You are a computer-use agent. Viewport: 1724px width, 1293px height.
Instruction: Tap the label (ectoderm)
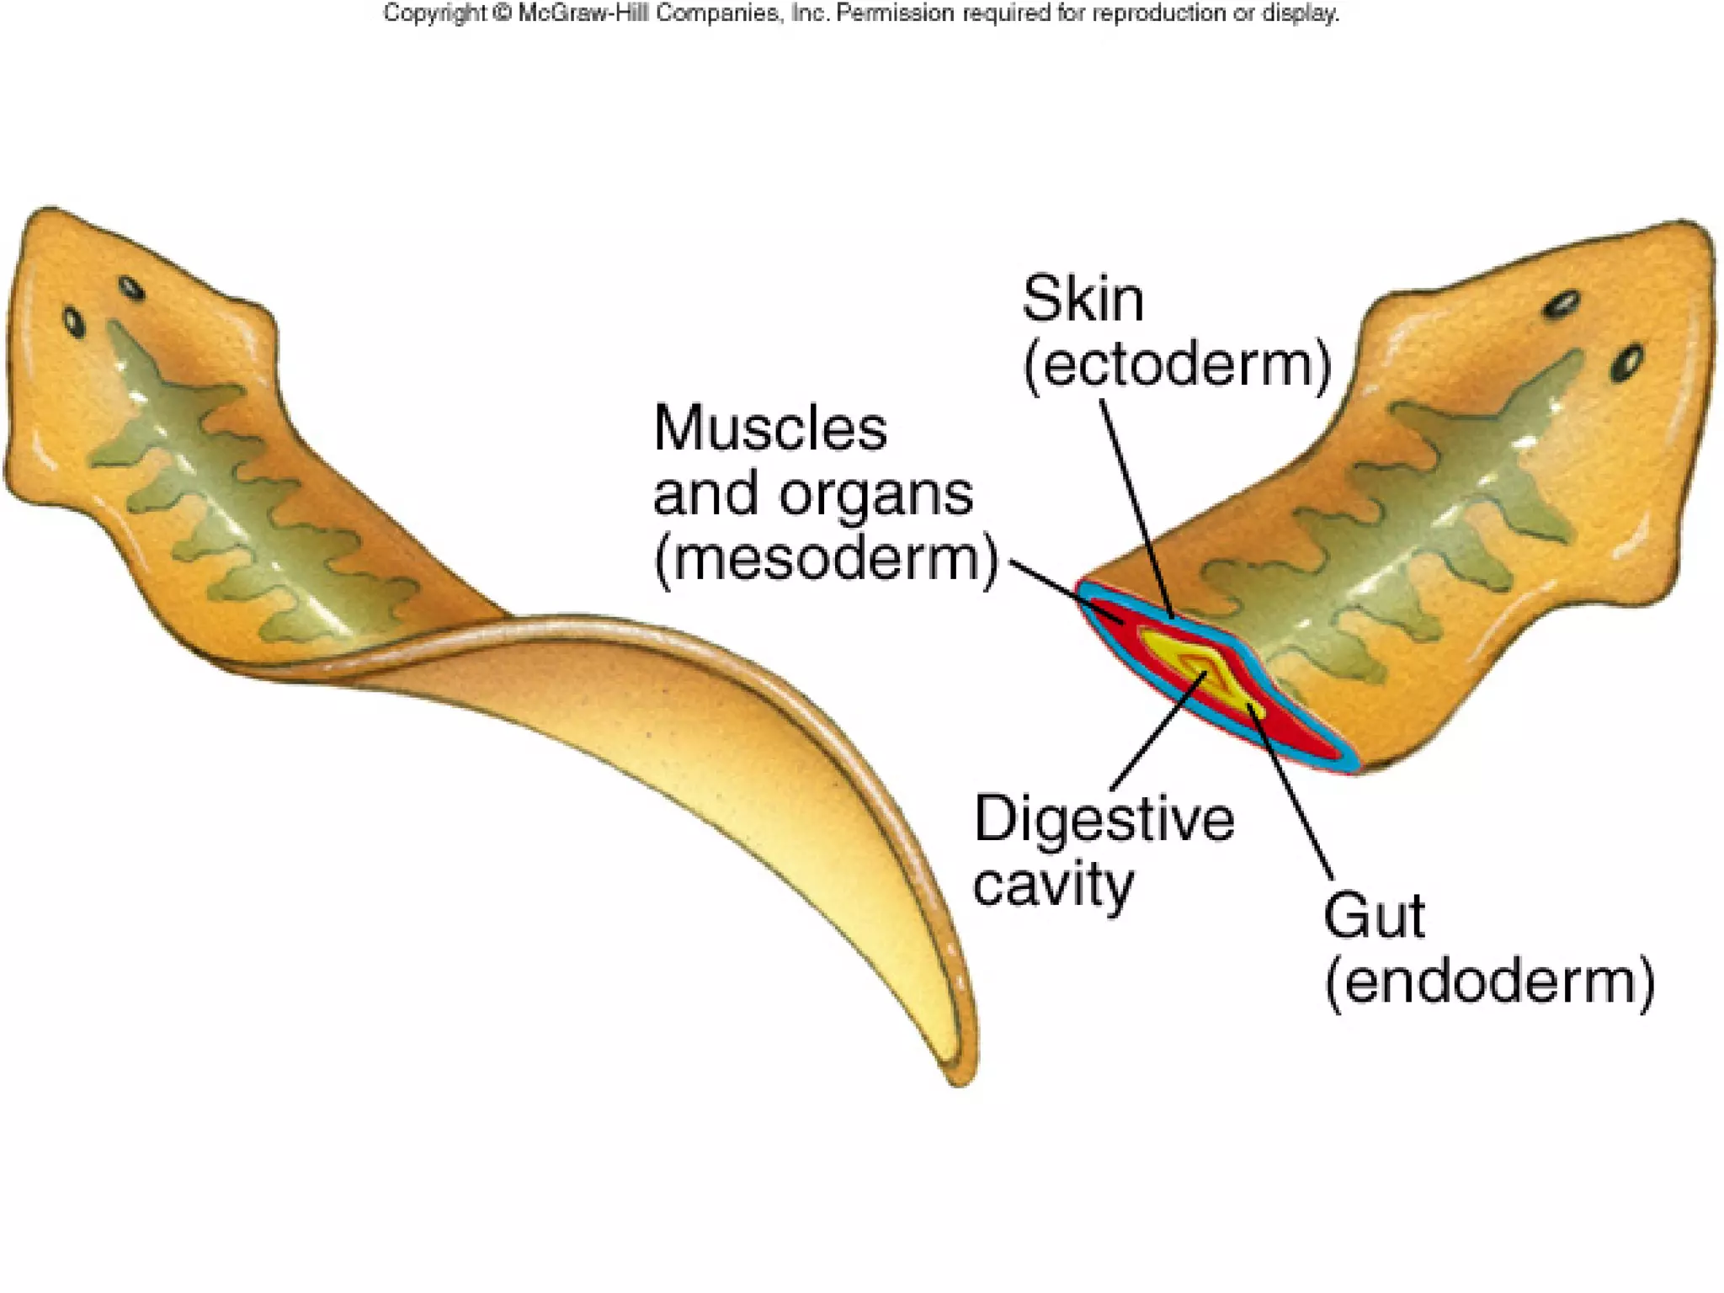coord(1177,364)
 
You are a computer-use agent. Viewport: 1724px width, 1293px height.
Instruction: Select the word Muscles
coord(769,428)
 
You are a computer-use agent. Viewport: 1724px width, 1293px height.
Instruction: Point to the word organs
coord(875,494)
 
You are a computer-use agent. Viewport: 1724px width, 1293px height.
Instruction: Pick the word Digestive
coord(1104,819)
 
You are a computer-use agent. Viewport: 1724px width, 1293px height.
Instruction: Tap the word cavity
coord(1053,885)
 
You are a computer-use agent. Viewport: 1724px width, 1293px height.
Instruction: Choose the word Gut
coord(1374,916)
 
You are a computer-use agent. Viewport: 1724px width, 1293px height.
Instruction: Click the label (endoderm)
coord(1489,982)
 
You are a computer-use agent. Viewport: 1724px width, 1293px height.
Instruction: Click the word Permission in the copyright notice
coord(894,13)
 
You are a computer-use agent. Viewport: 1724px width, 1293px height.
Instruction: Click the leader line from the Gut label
coord(1292,795)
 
